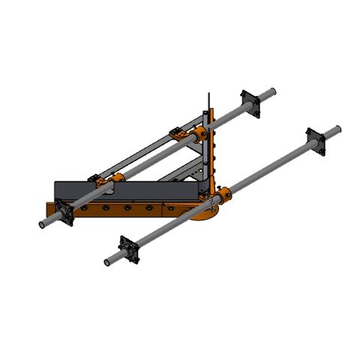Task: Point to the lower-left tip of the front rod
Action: pos(107,262)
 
